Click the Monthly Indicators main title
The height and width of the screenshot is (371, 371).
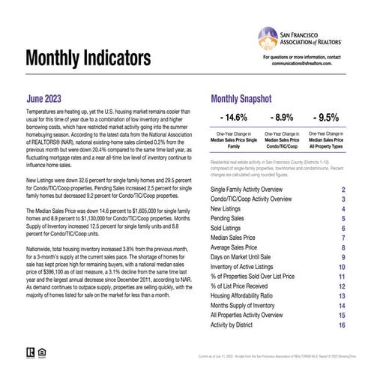(x=97, y=58)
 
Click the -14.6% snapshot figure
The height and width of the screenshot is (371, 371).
(x=232, y=118)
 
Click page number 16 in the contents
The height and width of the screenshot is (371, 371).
(x=342, y=326)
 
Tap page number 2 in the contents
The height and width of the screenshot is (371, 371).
(x=343, y=190)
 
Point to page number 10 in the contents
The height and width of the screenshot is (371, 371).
(x=342, y=266)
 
